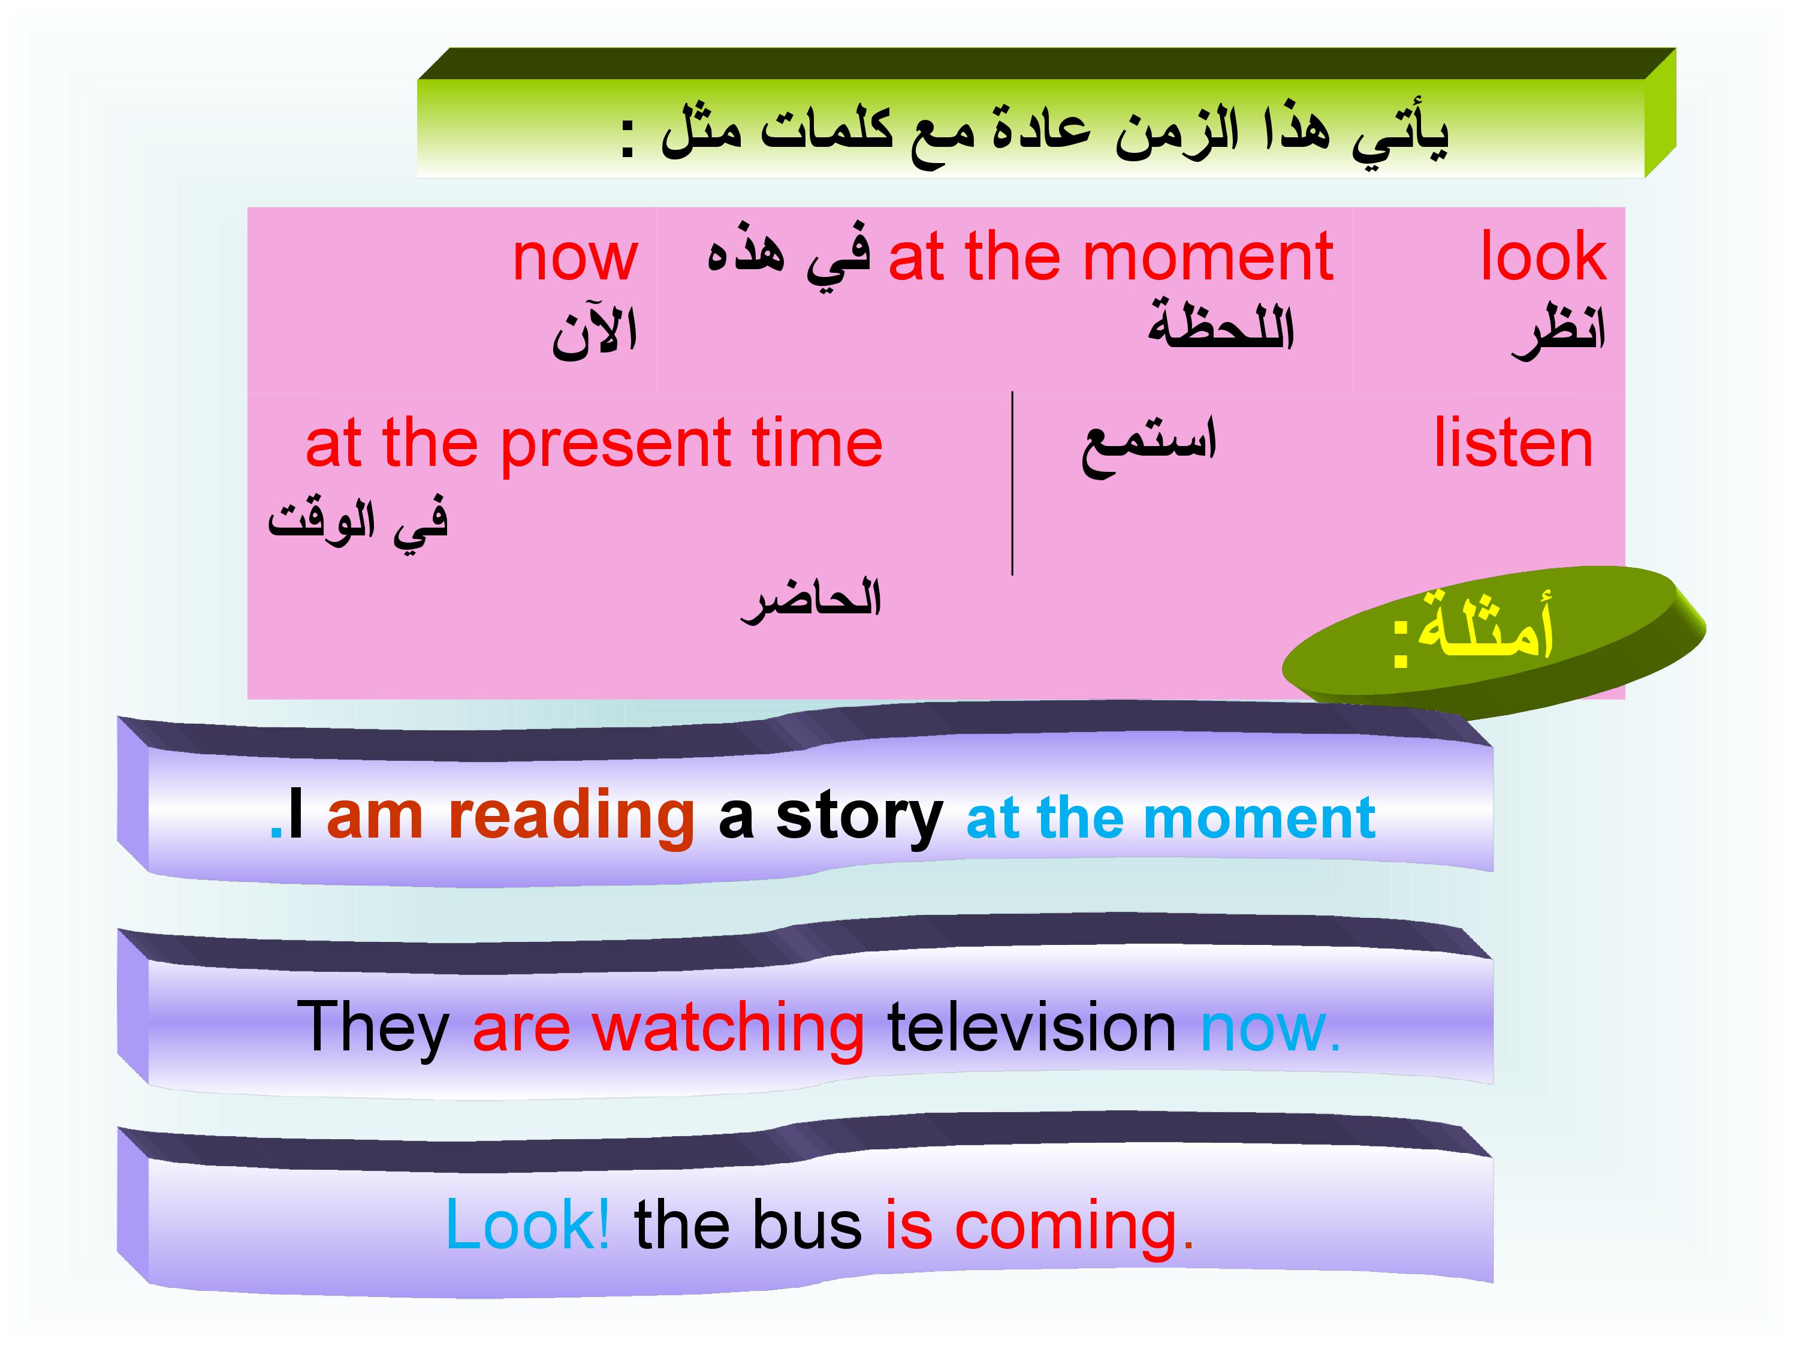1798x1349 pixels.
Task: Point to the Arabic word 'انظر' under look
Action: tap(1558, 332)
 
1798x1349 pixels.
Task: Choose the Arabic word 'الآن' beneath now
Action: tap(594, 331)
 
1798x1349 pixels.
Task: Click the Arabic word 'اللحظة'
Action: tap(1220, 324)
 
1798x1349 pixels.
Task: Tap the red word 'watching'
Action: tap(728, 1029)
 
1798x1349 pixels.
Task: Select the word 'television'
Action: tap(1032, 1027)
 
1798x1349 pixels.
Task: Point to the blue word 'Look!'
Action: tap(527, 1224)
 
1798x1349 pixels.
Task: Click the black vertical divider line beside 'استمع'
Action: tap(1012, 484)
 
